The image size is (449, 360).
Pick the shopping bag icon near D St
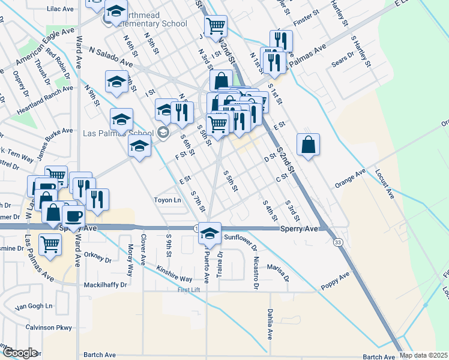308,145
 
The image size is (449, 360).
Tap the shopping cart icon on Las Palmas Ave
50,244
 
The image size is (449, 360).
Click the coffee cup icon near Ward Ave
74,216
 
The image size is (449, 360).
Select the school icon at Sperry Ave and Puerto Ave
209,233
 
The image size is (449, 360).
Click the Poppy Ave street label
335,280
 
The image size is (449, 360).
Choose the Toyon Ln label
167,200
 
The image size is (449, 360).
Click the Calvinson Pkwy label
49,328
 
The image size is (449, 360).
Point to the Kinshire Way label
174,274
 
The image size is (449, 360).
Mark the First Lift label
191,290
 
